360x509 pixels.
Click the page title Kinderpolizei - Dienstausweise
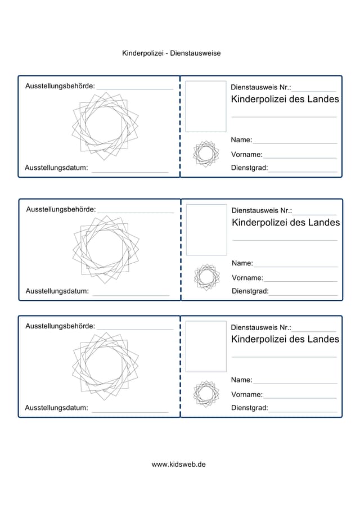coord(171,53)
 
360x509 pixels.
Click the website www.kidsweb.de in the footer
coord(178,465)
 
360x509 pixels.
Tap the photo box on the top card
coord(205,106)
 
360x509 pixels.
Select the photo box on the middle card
coord(206,229)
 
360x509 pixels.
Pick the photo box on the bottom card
coord(205,346)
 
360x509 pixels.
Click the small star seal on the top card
coord(205,153)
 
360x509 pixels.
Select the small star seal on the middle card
coord(206,277)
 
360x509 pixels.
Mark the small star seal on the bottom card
coord(205,393)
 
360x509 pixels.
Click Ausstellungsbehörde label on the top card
coord(60,86)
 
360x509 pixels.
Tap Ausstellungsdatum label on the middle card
coord(57,291)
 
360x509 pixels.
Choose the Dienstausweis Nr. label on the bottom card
coord(261,327)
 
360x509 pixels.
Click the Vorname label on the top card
coord(246,155)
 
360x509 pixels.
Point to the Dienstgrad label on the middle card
coord(250,291)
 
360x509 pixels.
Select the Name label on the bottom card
coord(241,380)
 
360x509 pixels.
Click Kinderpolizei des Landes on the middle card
coord(286,223)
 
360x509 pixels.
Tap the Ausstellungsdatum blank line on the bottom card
coord(130,412)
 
